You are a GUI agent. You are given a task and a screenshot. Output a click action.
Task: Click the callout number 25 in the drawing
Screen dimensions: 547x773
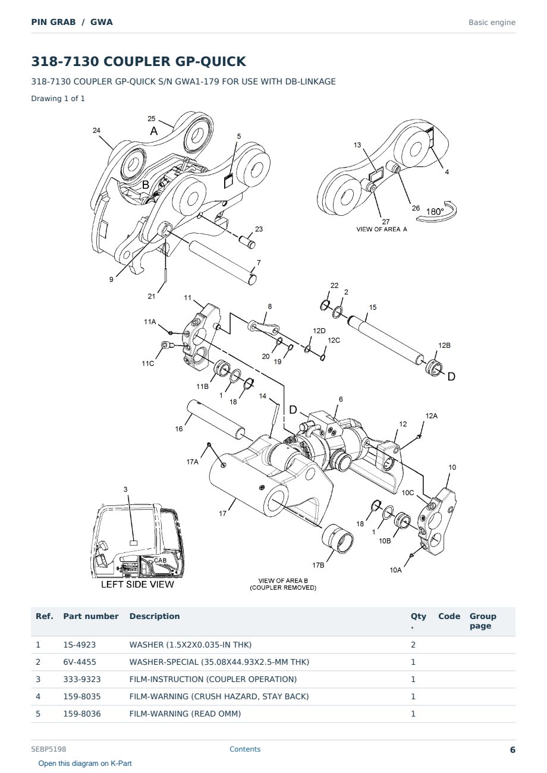151,119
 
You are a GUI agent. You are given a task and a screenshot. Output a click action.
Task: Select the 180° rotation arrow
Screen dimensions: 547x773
437,212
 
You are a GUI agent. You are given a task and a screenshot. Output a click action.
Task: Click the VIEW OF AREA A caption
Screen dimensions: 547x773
381,229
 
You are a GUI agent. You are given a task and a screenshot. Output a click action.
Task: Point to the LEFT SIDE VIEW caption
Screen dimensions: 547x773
137,585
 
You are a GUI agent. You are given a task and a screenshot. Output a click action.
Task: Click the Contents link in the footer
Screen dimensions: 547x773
245,749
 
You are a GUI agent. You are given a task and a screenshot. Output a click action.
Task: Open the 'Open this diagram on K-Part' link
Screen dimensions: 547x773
85,763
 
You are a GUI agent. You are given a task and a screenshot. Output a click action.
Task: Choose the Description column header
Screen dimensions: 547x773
155,616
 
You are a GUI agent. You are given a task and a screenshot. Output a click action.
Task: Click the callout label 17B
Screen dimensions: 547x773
318,565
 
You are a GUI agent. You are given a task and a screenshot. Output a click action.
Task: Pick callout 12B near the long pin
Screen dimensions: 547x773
444,345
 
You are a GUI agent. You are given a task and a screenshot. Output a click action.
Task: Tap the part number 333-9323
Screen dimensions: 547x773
82,679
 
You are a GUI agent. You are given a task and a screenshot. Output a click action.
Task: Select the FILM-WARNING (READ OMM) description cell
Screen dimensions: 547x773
185,714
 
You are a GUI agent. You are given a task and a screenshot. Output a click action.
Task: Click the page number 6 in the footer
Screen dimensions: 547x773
513,750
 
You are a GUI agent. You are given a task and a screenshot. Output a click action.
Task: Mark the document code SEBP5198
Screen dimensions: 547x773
49,749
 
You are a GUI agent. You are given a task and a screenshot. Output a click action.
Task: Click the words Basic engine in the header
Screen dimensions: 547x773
492,23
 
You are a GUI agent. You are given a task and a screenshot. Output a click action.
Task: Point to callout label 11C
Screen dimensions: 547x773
148,363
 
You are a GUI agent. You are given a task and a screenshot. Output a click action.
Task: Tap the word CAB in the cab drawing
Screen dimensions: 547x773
160,560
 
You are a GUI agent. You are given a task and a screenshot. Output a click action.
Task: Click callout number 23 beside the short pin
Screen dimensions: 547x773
259,229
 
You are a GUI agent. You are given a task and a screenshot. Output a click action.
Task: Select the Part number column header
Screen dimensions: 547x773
91,616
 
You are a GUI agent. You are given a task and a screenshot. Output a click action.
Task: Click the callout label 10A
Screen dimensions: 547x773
395,570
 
